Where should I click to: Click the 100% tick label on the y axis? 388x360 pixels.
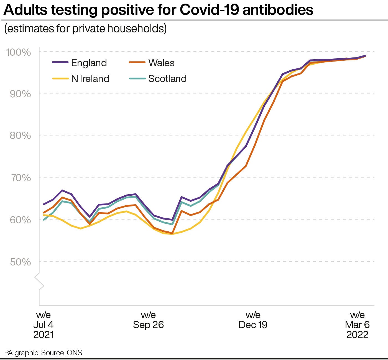pyautogui.click(x=19, y=52)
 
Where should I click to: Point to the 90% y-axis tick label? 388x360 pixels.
pyautogui.click(x=20, y=94)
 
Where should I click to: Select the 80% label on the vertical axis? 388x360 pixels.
pyautogui.click(x=20, y=136)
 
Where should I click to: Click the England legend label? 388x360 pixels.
pyautogui.click(x=89, y=63)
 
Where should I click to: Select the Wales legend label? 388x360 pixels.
pyautogui.click(x=161, y=63)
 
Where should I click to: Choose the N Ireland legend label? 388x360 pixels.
pyautogui.click(x=90, y=79)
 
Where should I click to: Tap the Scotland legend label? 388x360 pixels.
pyautogui.click(x=167, y=79)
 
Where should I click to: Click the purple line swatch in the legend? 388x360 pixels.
pyautogui.click(x=60, y=62)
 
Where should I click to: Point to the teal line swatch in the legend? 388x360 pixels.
pyautogui.click(x=137, y=78)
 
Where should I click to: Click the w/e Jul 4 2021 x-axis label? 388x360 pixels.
pyautogui.click(x=44, y=325)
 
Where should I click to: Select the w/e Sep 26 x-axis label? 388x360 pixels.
pyautogui.click(x=148, y=320)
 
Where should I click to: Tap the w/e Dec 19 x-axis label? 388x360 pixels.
pyautogui.click(x=253, y=320)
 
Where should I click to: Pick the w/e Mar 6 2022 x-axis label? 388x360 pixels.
pyautogui.click(x=357, y=325)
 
